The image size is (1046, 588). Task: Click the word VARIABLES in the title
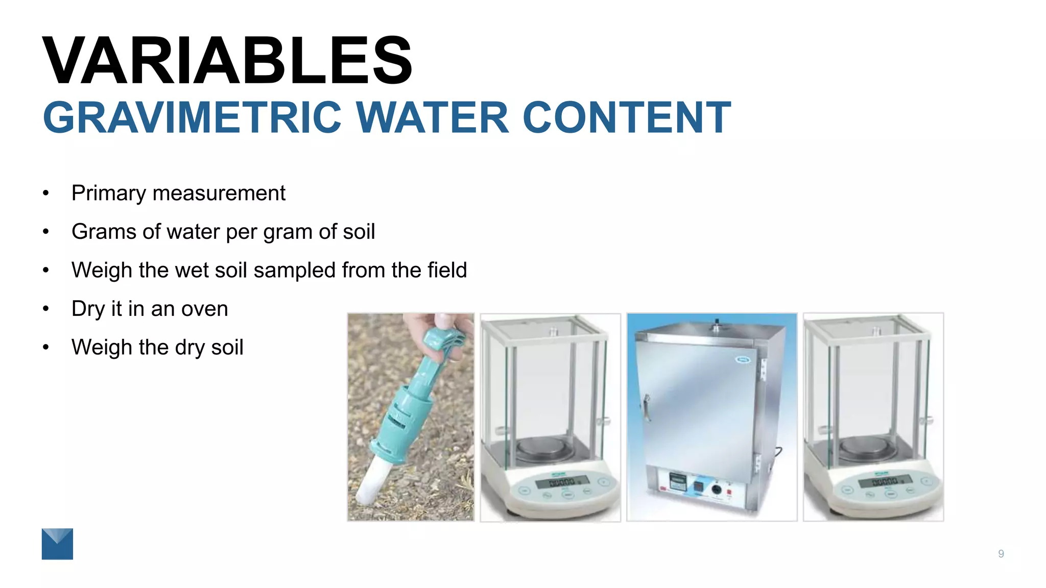[227, 60]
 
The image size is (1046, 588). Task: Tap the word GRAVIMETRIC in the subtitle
[192, 118]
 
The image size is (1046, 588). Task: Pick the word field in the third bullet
[447, 270]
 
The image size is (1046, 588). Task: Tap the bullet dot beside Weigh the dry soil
[46, 348]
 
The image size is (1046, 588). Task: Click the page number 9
[1001, 554]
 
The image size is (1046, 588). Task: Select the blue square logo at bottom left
[57, 544]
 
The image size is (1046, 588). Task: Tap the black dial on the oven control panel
[716, 489]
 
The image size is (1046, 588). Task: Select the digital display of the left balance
[562, 481]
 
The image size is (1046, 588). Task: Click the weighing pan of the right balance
[867, 448]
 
